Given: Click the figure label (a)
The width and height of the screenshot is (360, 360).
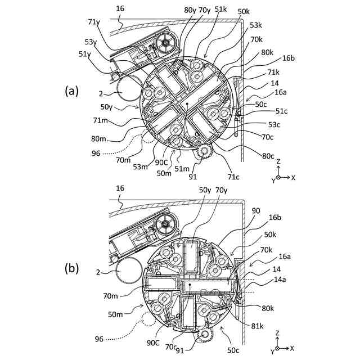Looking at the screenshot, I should (71, 91).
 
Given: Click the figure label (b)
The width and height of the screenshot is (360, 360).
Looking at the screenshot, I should (71, 268).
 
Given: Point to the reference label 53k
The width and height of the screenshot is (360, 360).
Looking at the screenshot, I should (257, 25).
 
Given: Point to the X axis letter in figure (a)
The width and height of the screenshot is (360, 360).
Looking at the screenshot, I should (294, 177).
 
